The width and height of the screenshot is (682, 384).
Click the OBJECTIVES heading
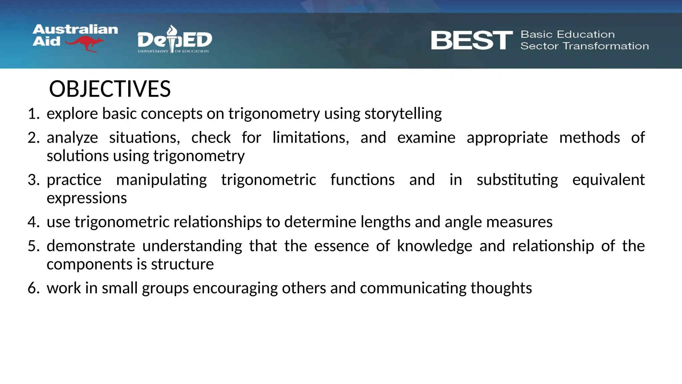pos(110,89)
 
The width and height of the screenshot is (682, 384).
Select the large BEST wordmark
pos(472,40)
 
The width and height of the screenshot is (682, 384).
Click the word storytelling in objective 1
pos(403,114)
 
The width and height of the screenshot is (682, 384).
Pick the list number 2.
pos(33,138)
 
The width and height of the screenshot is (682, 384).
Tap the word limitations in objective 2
pos(310,138)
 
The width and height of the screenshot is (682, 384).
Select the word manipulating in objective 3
pos(162,180)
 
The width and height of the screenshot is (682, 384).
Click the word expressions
pos(87,198)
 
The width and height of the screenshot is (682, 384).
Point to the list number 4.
pos(33,222)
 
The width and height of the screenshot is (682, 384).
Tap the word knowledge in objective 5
pos(434,246)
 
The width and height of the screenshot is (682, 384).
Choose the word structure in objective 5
pos(182,264)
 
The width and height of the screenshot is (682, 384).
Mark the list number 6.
pos(33,288)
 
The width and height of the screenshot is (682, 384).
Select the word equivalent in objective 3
pos(608,180)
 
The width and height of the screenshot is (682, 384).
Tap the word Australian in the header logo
pos(75,29)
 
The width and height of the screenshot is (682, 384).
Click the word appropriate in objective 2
pos(507,138)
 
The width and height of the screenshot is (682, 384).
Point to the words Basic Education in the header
pos(567,34)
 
